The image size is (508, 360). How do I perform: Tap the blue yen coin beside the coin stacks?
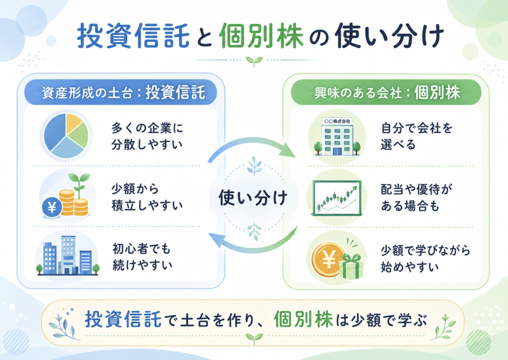click(x=52, y=207)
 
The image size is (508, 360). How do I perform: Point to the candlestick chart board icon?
click(x=337, y=198)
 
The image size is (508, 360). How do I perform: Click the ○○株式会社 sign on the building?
click(x=337, y=121)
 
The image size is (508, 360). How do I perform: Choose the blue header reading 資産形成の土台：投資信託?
click(x=121, y=92)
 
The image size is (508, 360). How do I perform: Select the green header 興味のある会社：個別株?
click(x=386, y=92)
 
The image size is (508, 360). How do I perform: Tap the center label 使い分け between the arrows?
click(x=253, y=198)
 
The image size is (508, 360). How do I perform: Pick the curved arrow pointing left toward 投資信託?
click(x=253, y=249)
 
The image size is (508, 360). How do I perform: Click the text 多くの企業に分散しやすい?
click(x=147, y=136)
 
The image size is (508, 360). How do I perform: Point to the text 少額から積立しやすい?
click(x=147, y=197)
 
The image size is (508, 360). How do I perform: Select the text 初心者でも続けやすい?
click(x=142, y=257)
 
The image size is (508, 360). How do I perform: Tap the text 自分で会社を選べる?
click(x=417, y=136)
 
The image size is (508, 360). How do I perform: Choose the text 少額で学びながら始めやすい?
click(x=425, y=259)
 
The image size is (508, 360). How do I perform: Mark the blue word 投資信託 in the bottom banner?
click(x=123, y=319)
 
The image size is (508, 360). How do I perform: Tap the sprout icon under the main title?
click(x=254, y=61)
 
